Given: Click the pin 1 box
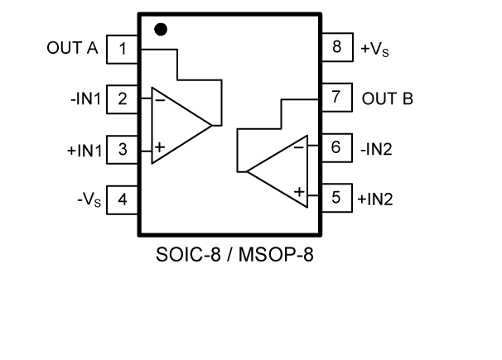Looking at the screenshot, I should coord(123,48).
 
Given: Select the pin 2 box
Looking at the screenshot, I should coord(123,99).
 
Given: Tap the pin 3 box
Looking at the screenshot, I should coord(123,150).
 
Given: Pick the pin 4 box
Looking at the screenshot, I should coord(123,199).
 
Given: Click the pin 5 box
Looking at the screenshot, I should coord(335,198).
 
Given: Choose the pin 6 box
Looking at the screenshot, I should coord(335,147).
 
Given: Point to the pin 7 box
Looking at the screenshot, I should coord(335,97).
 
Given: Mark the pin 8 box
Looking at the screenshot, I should coord(335,47).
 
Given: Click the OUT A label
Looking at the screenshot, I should coord(72,48).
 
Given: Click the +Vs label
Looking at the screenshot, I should coord(375,48).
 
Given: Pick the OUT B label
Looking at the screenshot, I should coord(388,98).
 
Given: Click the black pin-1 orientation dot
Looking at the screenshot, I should coord(162,29).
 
